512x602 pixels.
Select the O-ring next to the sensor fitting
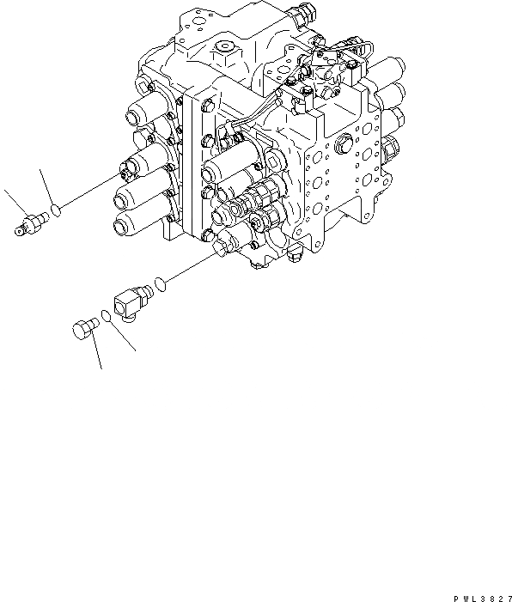point(56,209)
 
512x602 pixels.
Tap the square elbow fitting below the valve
point(133,302)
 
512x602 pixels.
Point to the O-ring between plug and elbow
point(105,317)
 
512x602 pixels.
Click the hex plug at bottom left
point(82,328)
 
